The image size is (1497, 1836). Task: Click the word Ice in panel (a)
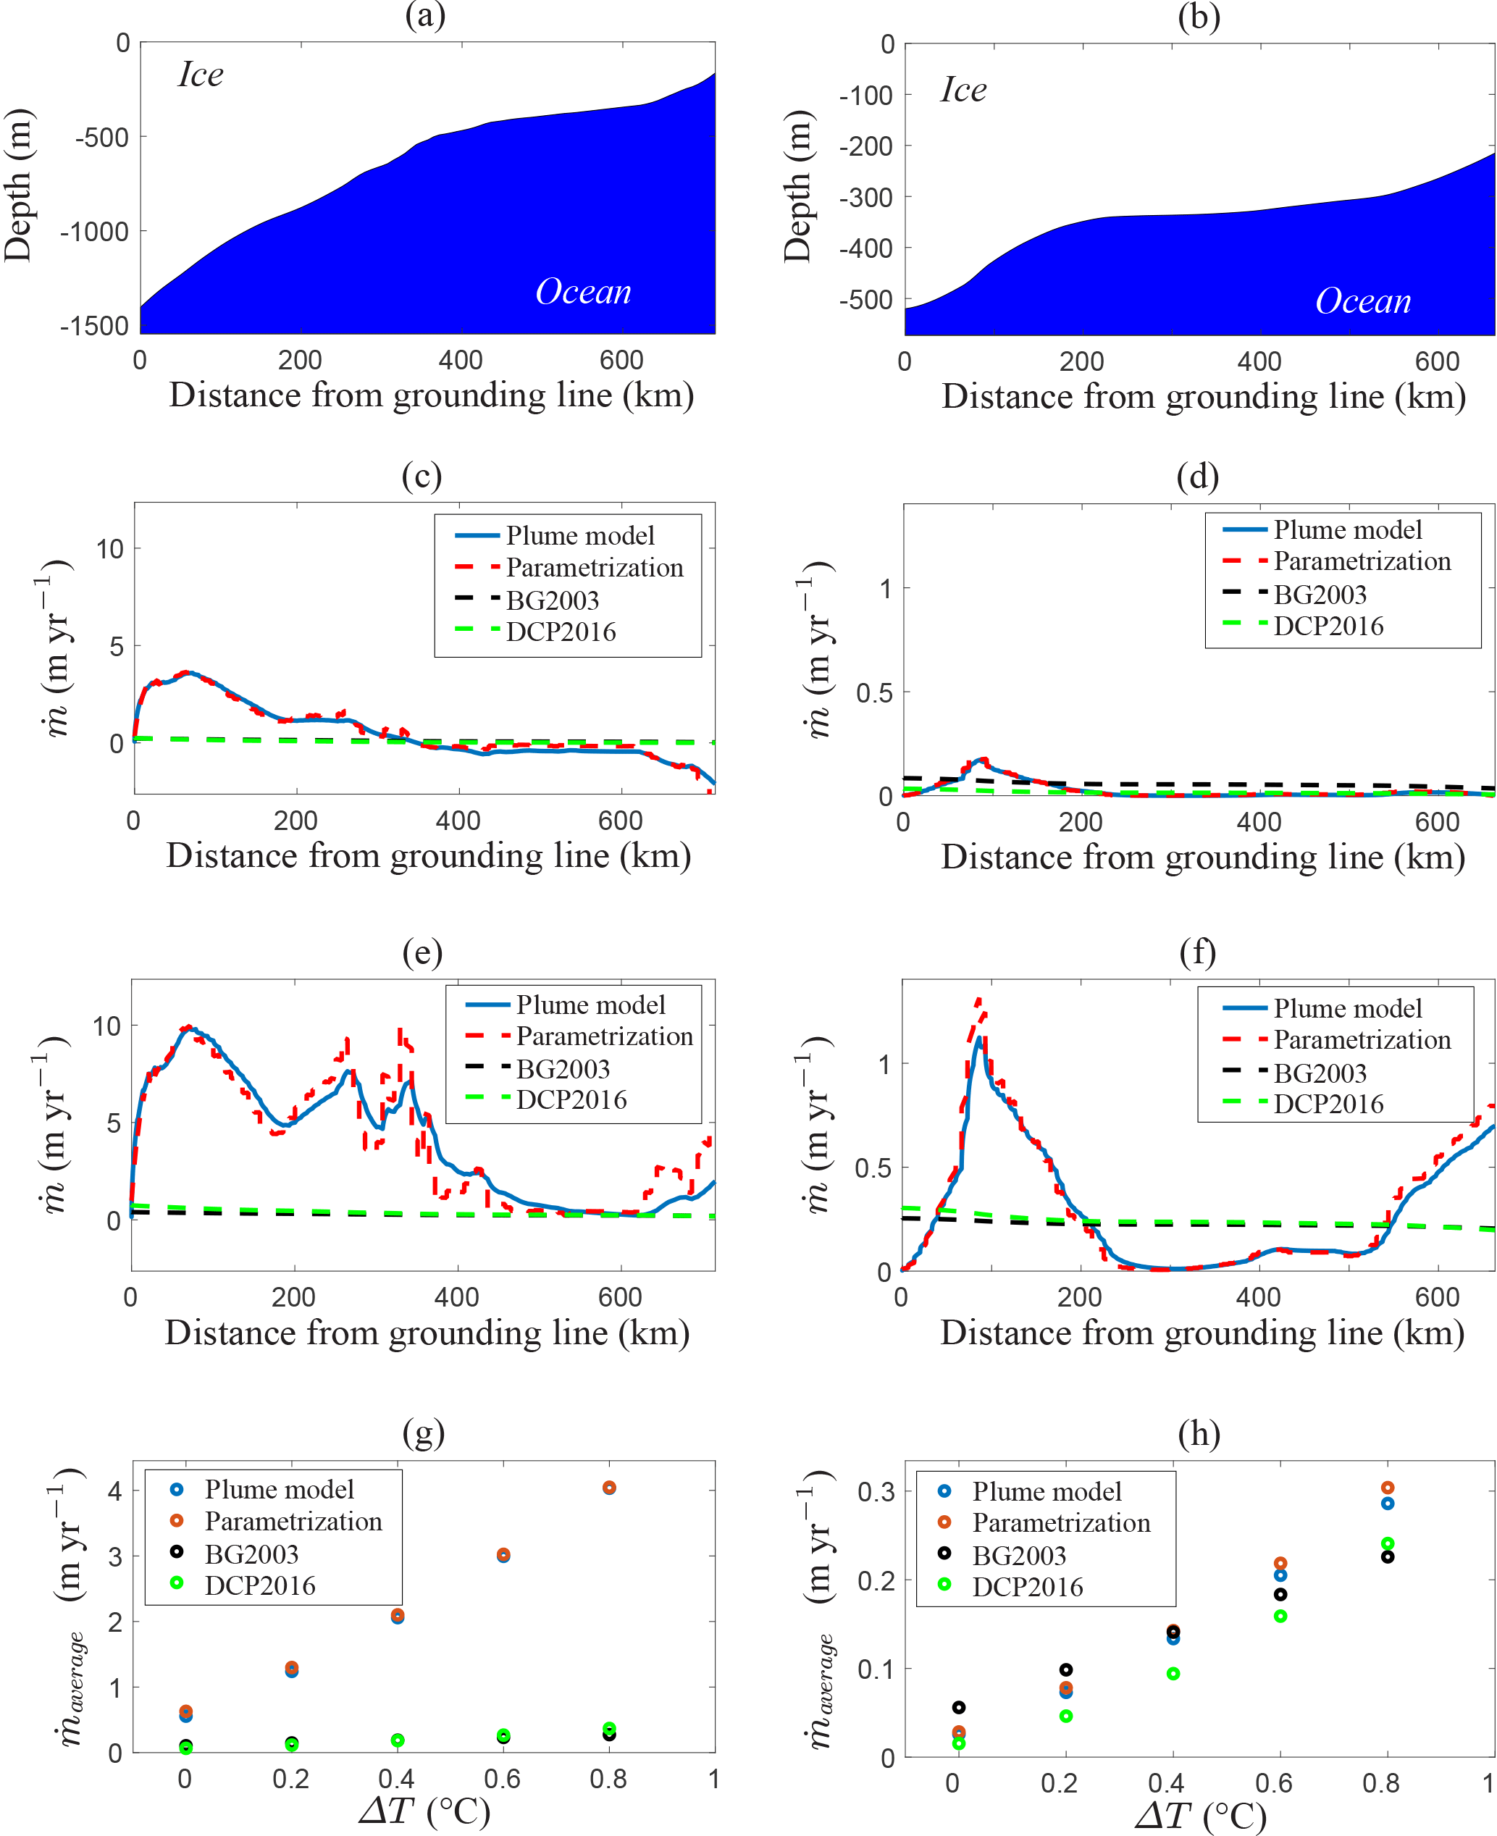(x=201, y=75)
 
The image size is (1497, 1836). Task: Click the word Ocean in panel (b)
(x=1362, y=301)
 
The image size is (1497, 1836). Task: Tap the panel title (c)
(x=422, y=476)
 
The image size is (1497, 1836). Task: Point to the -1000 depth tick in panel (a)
(x=95, y=232)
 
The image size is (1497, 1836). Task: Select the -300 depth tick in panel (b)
(x=865, y=198)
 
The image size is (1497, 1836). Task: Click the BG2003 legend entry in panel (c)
(x=552, y=600)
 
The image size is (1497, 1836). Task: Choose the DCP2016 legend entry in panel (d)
(x=1328, y=626)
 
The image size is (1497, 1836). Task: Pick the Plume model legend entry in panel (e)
(x=591, y=1005)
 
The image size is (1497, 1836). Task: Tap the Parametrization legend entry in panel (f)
(x=1362, y=1040)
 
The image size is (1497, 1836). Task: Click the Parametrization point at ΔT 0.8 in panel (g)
(x=610, y=1488)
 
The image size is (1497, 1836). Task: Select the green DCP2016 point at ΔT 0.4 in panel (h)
(x=1173, y=1674)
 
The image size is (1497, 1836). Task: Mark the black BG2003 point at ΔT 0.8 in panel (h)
(x=1388, y=1556)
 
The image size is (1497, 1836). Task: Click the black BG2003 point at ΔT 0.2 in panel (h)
(x=1066, y=1669)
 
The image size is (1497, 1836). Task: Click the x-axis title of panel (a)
(x=431, y=395)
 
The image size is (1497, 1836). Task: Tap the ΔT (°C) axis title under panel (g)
(x=424, y=1810)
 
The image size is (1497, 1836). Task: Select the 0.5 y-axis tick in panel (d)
(x=873, y=693)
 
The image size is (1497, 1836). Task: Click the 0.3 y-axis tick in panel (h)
(x=876, y=1492)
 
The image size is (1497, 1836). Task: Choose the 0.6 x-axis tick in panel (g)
(x=502, y=1778)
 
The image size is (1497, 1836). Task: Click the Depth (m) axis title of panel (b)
(x=797, y=186)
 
